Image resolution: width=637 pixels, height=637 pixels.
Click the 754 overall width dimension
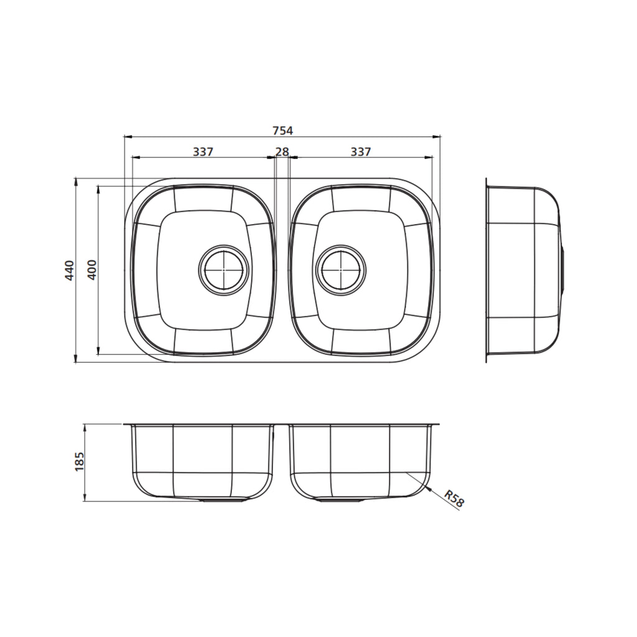282,131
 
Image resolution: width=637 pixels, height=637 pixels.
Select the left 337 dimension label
203,152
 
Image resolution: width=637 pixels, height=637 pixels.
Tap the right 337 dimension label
361,152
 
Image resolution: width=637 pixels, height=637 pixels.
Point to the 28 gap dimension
282,152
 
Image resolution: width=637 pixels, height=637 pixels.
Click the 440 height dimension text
70,270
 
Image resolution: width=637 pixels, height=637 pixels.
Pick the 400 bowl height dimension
92,269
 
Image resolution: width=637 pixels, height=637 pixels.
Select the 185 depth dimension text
79,462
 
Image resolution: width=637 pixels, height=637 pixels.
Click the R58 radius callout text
453,499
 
